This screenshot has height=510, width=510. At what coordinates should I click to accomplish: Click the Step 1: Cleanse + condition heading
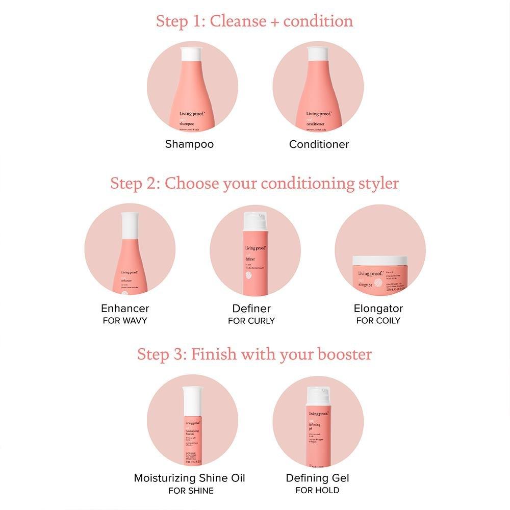254,21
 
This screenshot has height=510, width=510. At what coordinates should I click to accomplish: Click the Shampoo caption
189,144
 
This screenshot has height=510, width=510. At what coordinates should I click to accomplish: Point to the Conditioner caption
319,144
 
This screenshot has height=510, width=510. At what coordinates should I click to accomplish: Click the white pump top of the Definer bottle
255,221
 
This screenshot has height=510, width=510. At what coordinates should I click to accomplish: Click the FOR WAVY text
125,321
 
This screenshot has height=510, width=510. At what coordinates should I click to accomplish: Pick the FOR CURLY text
251,321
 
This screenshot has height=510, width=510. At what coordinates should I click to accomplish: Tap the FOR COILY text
378,321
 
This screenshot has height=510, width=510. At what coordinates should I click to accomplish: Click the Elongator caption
378,308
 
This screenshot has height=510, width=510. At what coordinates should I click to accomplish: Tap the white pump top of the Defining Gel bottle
318,395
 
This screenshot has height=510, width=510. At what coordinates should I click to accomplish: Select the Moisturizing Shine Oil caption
189,478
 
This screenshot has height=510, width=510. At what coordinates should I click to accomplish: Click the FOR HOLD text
317,490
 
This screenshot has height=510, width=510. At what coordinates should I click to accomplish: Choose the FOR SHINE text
190,491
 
